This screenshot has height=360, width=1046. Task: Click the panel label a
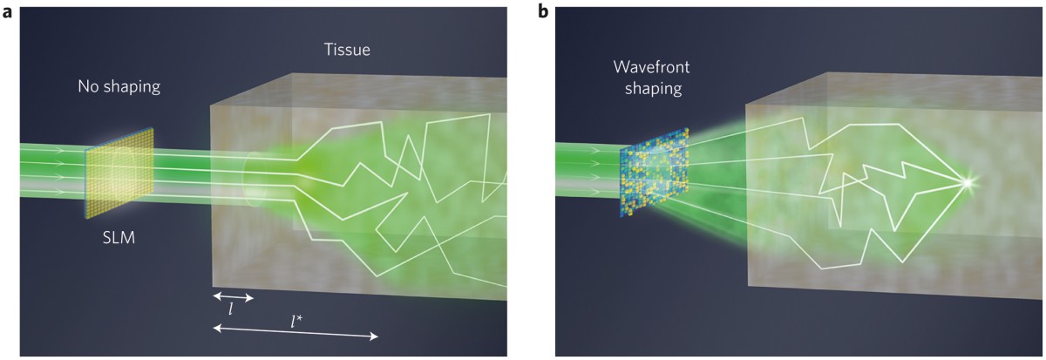pyautogui.click(x=10, y=12)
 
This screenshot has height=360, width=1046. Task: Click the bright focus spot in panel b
pyautogui.click(x=965, y=182)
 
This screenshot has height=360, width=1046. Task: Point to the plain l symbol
pyautogui.click(x=230, y=309)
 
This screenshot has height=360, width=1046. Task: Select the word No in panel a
pyautogui.click(x=87, y=87)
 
